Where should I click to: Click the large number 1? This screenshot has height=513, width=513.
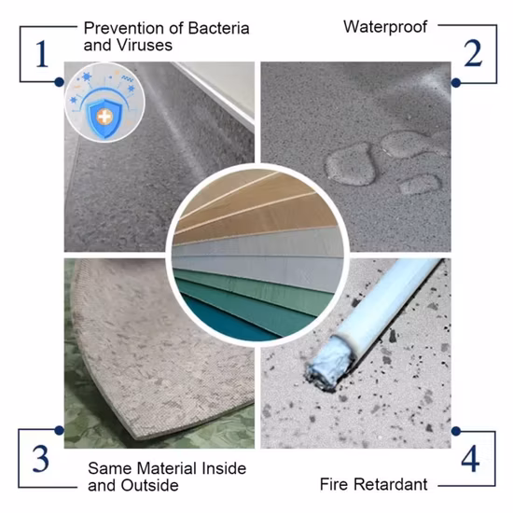point(42,54)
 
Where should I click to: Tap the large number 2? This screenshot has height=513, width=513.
point(473,53)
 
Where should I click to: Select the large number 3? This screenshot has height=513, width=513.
point(40,459)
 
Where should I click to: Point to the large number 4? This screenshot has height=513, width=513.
point(470,458)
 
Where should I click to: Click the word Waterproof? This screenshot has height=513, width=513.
point(385,27)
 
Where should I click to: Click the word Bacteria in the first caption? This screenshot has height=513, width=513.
point(218,28)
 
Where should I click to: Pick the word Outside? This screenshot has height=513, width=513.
point(149,485)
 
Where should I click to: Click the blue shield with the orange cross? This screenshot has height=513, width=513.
point(105,117)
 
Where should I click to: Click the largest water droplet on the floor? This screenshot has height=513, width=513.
point(350,165)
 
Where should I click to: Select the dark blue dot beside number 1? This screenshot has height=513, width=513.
point(59,82)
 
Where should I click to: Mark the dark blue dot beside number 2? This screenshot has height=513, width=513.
point(456,82)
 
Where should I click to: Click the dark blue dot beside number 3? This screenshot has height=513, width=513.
point(59,430)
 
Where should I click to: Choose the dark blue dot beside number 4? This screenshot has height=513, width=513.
point(456,431)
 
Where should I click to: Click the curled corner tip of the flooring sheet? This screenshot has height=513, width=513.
point(137,437)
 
